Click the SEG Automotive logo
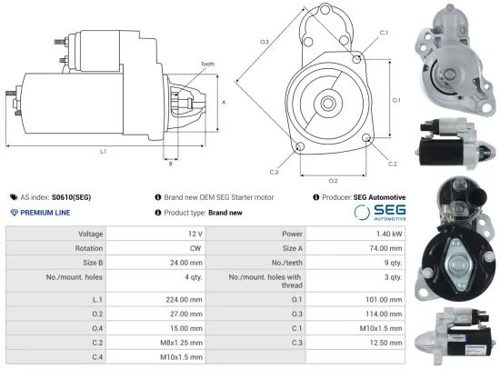click(379, 212)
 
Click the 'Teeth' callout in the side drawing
click(208, 64)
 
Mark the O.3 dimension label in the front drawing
click(265, 42)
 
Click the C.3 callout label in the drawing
click(274, 171)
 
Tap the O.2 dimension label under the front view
click(333, 180)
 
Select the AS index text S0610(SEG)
click(71, 196)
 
